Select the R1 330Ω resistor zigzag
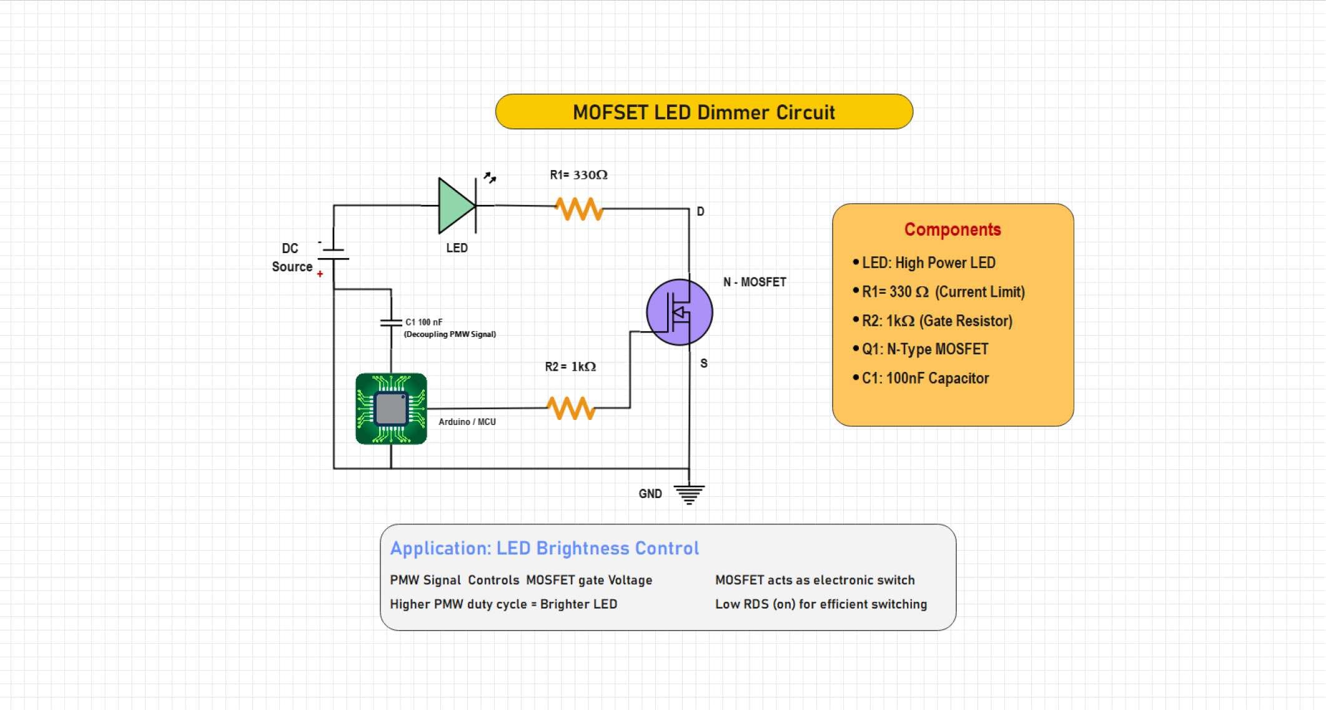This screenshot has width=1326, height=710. [580, 209]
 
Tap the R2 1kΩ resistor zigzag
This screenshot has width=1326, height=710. [571, 408]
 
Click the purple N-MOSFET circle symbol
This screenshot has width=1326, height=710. [679, 312]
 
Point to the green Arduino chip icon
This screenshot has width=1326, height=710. [391, 409]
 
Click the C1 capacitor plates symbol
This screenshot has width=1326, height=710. [391, 323]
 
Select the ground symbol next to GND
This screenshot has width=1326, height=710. [689, 494]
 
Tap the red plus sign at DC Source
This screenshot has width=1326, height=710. [320, 274]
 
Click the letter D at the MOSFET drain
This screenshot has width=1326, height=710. [700, 211]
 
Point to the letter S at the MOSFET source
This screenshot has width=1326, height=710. [704, 363]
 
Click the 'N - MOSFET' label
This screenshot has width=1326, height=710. [755, 282]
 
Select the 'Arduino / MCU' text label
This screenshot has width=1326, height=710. [467, 422]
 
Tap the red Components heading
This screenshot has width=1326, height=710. [952, 229]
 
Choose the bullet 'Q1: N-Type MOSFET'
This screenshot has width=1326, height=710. [924, 349]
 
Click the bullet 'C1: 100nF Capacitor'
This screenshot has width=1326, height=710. [925, 378]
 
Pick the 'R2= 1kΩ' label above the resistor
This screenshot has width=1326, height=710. [570, 366]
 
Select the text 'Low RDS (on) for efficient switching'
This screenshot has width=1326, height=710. [821, 604]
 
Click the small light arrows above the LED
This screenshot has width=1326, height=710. [490, 177]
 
